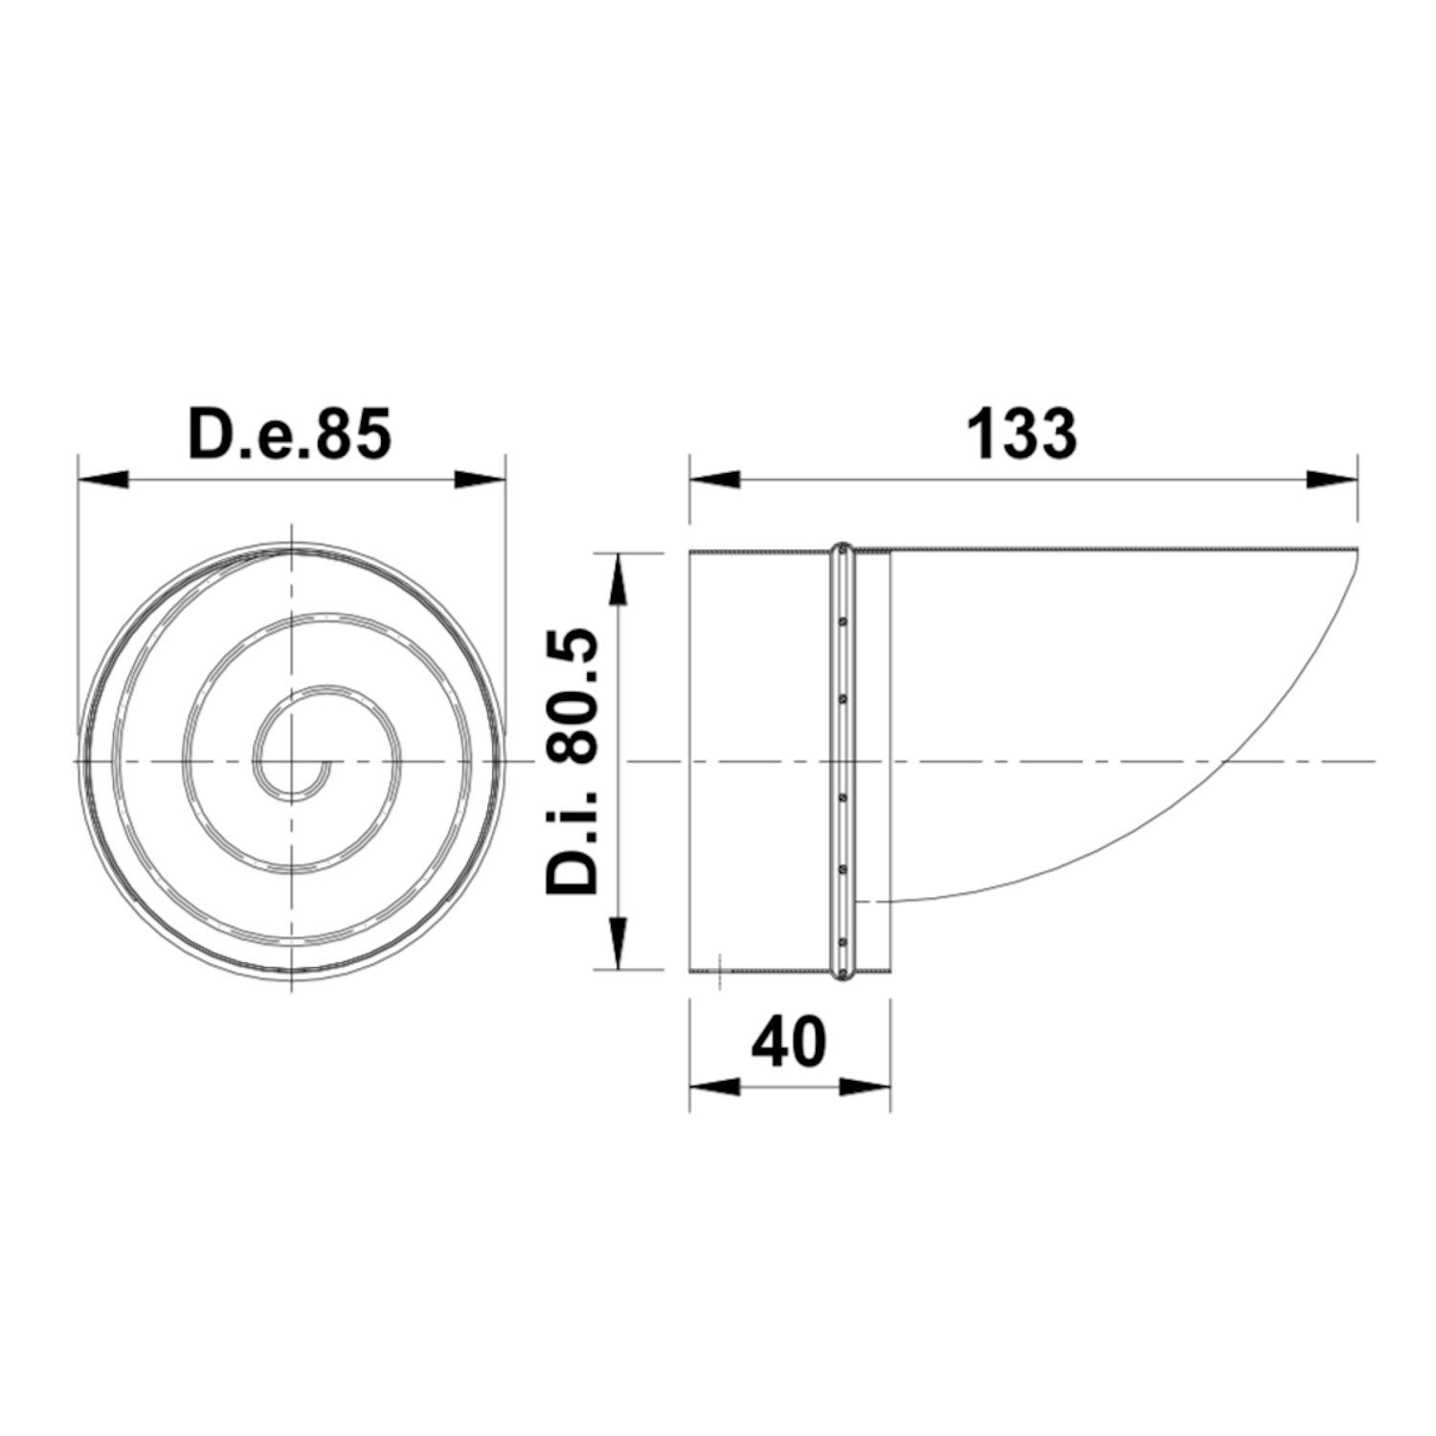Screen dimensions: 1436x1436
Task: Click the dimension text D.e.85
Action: pos(290,434)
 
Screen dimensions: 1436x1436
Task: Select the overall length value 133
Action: pos(1021,434)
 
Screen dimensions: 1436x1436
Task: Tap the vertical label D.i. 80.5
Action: pos(572,761)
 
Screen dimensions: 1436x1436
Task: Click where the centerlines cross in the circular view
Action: pos(291,761)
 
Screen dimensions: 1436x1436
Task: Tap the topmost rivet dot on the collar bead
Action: pos(842,621)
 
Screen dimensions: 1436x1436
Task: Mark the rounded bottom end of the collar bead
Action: pos(842,976)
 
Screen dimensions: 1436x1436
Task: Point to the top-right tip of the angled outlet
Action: pos(1356,550)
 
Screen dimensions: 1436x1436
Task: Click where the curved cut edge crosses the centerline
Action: pos(1225,761)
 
